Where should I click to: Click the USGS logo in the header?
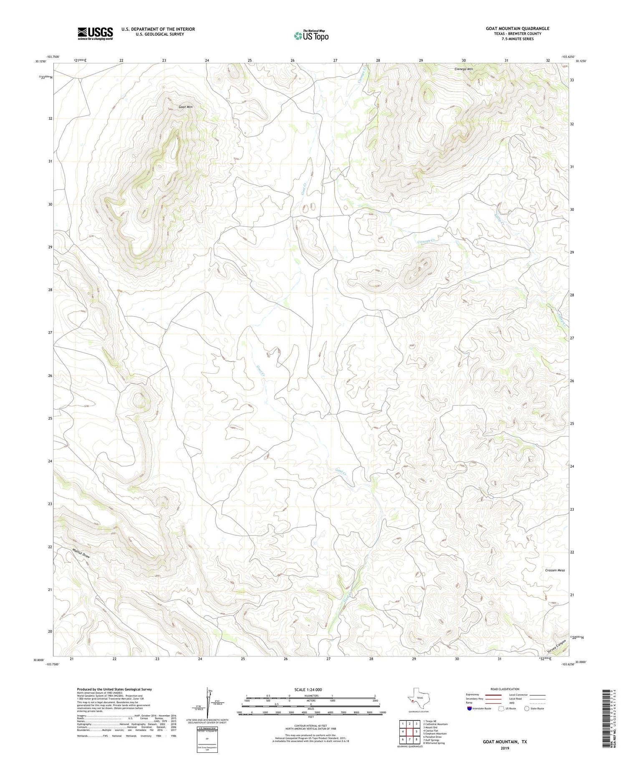point(95,33)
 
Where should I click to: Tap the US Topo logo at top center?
point(311,35)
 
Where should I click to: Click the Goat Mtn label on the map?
point(186,107)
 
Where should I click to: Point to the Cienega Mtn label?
point(464,69)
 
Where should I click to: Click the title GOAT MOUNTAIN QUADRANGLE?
point(517,28)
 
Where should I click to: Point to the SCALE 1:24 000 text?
point(308,689)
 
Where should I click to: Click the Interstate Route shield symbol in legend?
point(469,708)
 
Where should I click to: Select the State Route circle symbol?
point(527,708)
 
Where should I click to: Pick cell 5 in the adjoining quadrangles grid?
point(416,732)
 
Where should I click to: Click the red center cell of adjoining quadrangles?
point(410,732)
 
